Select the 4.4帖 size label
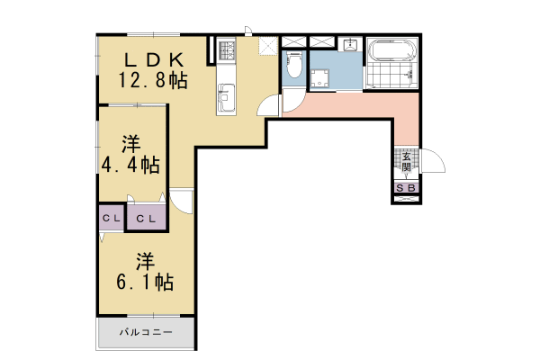(131, 165)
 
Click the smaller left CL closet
(111, 219)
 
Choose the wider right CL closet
(147, 219)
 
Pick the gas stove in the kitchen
(225, 49)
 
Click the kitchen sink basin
(225, 93)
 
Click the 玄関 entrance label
(406, 162)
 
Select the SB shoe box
(406, 188)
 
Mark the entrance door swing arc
(433, 161)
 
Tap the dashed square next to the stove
(266, 46)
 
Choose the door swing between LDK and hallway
(269, 106)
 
